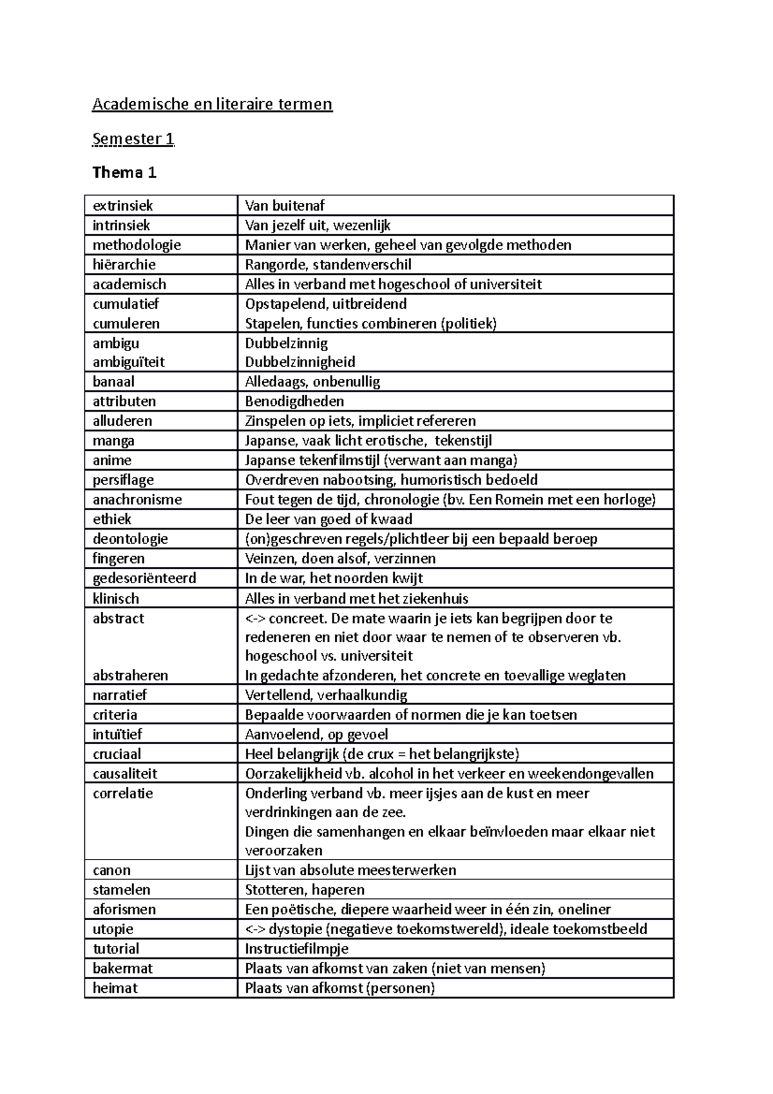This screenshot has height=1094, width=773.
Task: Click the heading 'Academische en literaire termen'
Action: point(212,104)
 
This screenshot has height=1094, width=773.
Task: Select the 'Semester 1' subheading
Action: point(133,139)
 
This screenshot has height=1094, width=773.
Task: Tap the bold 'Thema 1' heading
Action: point(124,172)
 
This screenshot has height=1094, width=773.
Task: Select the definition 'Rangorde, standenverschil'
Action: point(328,264)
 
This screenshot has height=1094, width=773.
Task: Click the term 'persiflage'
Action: point(123,479)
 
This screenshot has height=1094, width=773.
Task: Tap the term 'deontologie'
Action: point(130,539)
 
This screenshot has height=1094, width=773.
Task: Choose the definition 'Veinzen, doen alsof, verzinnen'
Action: point(340,558)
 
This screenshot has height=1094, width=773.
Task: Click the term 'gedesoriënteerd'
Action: point(144,578)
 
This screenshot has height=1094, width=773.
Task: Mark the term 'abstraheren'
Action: point(130,675)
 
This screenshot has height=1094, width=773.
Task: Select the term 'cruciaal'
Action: point(117,754)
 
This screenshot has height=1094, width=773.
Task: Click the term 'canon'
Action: point(111,870)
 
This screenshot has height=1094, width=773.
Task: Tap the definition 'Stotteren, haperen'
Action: point(305,890)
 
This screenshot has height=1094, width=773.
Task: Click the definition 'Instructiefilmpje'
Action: point(296,948)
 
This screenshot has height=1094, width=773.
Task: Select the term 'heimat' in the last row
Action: point(115,988)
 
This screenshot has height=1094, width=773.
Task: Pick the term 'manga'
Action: point(113,441)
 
